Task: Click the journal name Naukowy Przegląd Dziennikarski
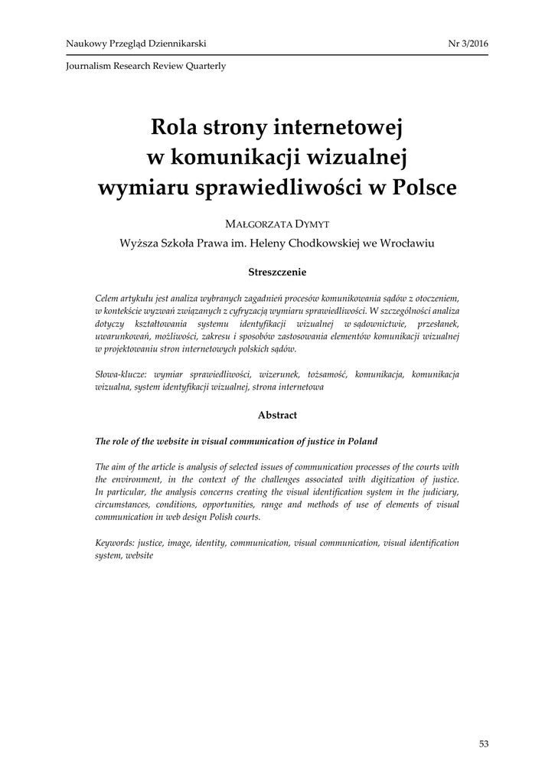click(136, 44)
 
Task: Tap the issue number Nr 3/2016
click(468, 44)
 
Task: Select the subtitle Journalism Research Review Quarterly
click(146, 66)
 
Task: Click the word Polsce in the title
click(424, 188)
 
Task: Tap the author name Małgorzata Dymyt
click(277, 223)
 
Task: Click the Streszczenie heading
click(277, 271)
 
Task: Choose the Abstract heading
click(277, 415)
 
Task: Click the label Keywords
click(115, 542)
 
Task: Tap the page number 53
click(482, 743)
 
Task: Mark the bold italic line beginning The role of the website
click(236, 442)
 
